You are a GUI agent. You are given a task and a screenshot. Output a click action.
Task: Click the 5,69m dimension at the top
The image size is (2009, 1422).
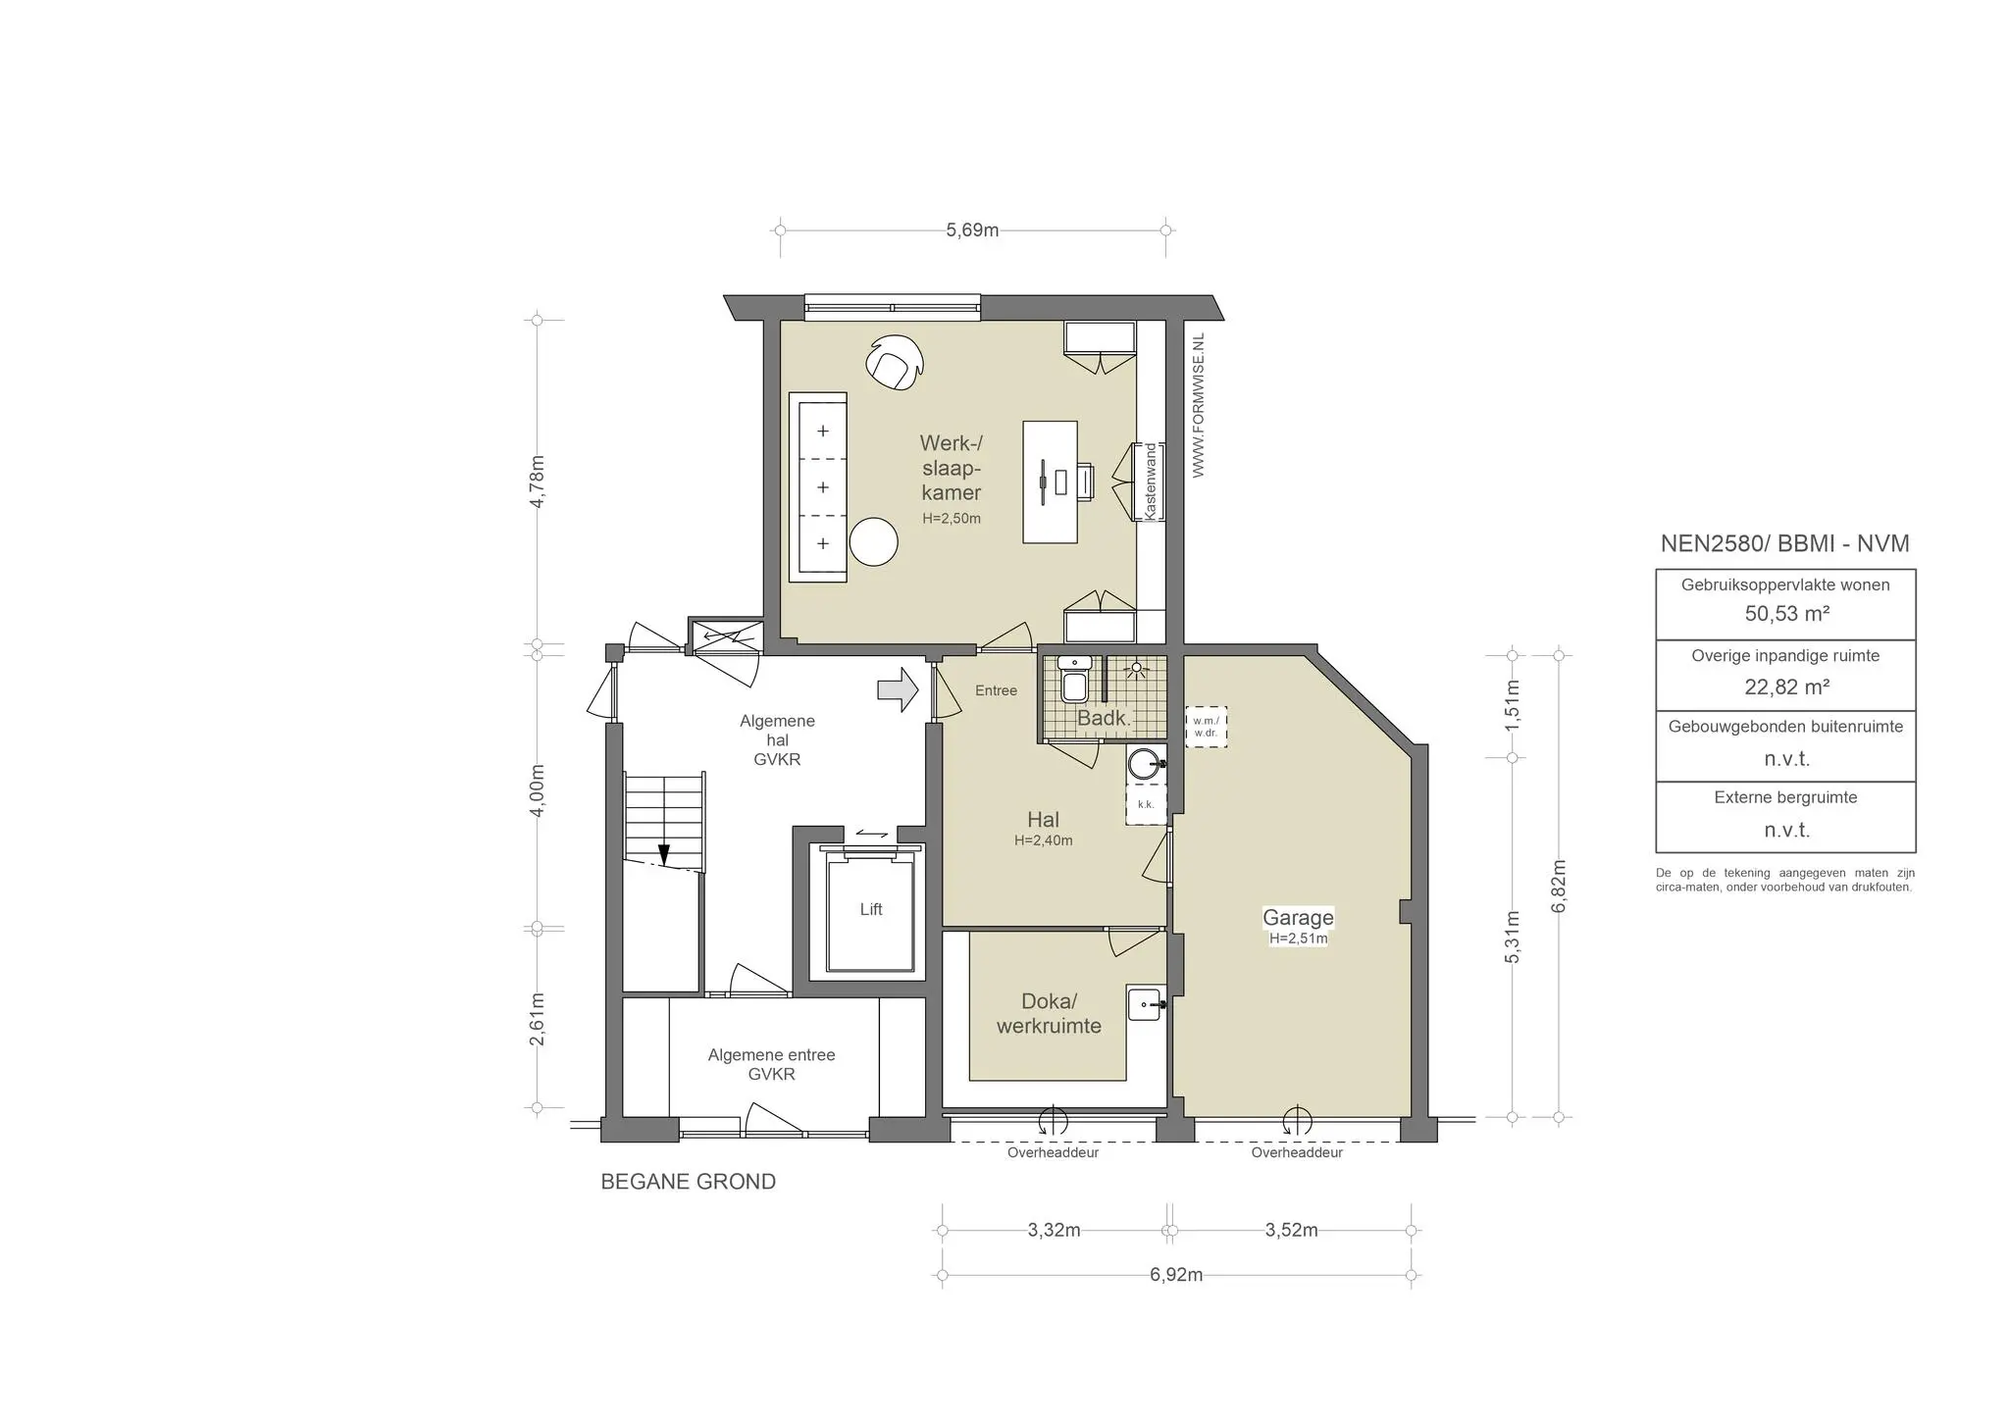(x=972, y=230)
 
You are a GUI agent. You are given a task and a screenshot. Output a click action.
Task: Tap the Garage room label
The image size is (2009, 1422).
(x=1298, y=918)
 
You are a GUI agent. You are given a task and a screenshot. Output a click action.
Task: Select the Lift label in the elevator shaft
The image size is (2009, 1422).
(x=871, y=909)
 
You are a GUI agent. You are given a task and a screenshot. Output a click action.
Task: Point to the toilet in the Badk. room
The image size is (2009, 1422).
(x=1074, y=680)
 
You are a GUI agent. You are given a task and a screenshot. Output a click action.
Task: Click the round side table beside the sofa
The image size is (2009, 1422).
(x=873, y=541)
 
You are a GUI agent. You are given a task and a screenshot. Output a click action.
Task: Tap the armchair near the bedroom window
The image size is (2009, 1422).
(x=894, y=363)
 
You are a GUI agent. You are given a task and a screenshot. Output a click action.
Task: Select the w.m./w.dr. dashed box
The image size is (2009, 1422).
(x=1206, y=728)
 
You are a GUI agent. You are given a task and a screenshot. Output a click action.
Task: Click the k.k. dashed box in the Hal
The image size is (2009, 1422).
(x=1145, y=804)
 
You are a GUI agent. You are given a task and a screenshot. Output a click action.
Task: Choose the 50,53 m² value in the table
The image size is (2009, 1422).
(x=1786, y=614)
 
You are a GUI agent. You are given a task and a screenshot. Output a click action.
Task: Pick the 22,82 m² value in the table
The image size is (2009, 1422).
(x=1786, y=686)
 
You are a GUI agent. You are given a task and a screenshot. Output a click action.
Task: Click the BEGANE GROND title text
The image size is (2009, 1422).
(x=688, y=1182)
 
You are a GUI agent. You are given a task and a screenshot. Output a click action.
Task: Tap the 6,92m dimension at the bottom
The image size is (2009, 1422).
(x=1175, y=1275)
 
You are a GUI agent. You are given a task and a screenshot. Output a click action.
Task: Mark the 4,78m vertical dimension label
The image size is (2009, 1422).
(x=537, y=482)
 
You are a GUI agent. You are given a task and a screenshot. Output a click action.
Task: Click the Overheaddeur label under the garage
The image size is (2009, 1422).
(x=1296, y=1153)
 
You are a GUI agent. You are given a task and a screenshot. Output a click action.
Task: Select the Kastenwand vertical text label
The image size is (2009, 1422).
(x=1151, y=482)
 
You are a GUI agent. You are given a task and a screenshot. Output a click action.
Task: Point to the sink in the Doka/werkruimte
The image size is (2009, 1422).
(x=1144, y=1003)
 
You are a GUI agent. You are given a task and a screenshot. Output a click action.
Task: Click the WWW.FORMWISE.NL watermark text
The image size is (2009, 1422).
(x=1198, y=405)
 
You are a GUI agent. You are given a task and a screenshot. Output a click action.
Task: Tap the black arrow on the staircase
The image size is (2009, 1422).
(x=663, y=855)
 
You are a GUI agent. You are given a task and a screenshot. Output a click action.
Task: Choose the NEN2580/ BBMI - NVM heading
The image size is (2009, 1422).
(x=1784, y=543)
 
